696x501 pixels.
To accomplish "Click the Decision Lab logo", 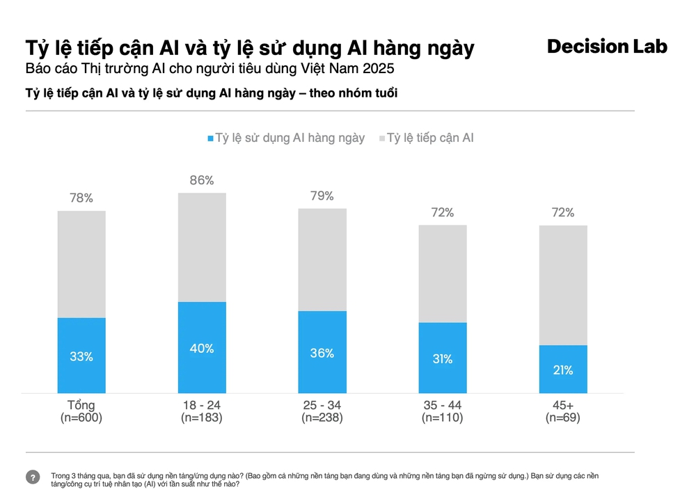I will pos(607,47).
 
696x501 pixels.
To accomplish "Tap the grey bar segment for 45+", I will pos(563,285).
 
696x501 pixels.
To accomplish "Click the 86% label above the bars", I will pos(202,181).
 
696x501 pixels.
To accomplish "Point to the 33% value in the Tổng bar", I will pos(81,356).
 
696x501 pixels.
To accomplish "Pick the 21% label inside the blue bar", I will pos(563,370).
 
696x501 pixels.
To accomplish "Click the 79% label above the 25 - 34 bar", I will pos(322,196).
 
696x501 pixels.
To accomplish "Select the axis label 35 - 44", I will pos(443,405).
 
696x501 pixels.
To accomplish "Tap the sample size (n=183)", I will pos(202,417).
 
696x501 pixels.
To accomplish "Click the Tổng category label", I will pos(81,405).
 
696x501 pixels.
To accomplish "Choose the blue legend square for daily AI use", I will pos(210,138).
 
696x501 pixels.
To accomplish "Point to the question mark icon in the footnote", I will pos(33,477).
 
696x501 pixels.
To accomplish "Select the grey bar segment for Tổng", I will pos(81,264).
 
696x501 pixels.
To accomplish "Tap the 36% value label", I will pos(322,353).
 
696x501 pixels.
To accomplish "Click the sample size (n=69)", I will pos(563,417).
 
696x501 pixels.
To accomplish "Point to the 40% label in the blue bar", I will pos(202,348).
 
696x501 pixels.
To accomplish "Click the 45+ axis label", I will pos(563,405).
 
